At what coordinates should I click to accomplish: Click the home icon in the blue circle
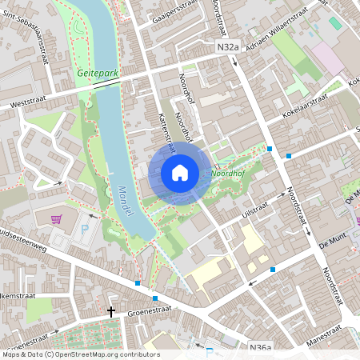(x=179, y=172)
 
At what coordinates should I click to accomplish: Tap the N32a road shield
(x=228, y=48)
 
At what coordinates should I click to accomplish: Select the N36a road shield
(x=260, y=347)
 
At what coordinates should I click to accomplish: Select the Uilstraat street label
(x=254, y=208)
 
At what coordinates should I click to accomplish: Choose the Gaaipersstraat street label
(x=173, y=10)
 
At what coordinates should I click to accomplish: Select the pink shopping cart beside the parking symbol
(x=56, y=219)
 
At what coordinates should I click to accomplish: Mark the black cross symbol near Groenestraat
(x=111, y=312)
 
